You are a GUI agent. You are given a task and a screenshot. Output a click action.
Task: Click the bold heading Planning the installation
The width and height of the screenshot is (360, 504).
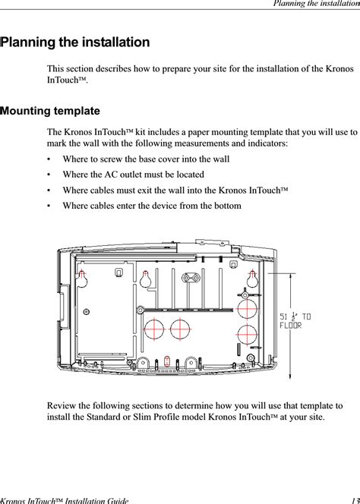76,43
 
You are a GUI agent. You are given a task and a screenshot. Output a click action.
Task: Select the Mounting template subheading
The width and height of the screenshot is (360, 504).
51,112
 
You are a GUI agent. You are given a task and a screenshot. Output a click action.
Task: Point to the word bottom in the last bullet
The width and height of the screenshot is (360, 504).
226,206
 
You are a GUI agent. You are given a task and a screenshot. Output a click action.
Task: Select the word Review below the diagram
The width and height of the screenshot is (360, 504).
59,405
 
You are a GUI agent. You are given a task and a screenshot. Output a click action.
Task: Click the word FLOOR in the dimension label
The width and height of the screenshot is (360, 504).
291,326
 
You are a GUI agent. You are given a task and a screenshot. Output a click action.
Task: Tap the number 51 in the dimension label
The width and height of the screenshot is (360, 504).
283,317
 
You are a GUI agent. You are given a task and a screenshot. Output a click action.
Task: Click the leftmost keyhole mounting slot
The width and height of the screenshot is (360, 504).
82,279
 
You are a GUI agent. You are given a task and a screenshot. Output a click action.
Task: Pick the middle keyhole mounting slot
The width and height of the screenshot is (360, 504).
145,279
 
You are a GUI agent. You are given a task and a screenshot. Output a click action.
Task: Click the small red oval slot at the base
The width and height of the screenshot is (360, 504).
166,361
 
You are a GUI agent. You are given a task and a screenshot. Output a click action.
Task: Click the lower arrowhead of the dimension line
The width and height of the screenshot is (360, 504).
290,376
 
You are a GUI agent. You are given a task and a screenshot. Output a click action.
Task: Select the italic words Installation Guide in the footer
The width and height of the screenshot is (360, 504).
97,501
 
